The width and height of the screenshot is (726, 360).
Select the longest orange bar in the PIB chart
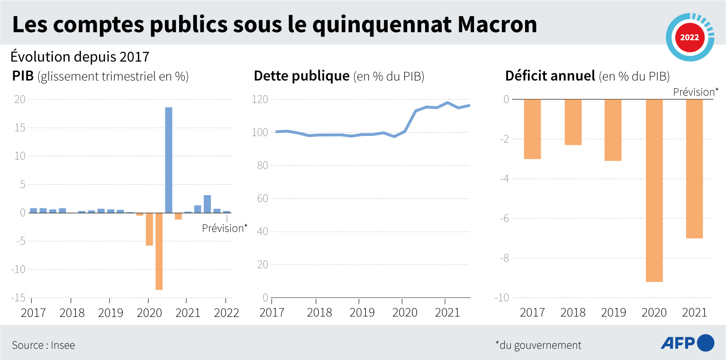[x=159, y=251]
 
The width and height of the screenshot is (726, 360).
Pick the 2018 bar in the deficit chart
[x=573, y=122]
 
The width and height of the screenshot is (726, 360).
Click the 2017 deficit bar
[x=532, y=129]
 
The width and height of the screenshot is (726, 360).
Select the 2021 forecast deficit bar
[x=694, y=169]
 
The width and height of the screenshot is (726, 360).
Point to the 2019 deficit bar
[x=613, y=130]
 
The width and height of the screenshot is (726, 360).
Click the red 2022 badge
[x=689, y=37]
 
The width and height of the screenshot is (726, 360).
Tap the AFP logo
[x=687, y=342]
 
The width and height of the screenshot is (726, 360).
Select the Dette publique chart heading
[x=339, y=76]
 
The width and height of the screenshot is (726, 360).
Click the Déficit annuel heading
[x=587, y=76]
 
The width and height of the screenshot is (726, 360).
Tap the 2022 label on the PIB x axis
[x=226, y=313]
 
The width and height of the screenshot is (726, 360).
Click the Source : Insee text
[x=44, y=345]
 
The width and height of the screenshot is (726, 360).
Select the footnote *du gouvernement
[x=538, y=345]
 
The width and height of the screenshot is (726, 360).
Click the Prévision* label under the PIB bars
[x=225, y=228]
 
